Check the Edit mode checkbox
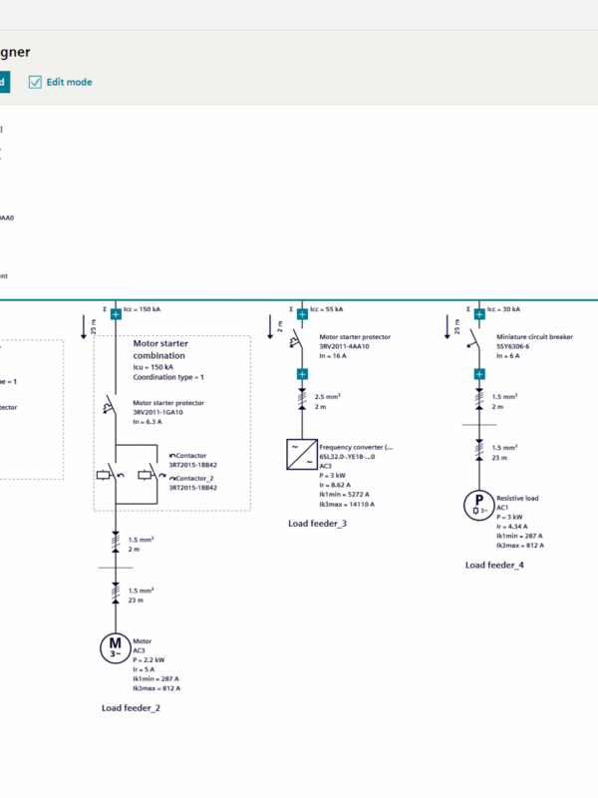pos(36,82)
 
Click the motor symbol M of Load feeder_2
pos(115,647)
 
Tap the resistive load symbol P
pos(479,504)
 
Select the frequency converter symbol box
pos(302,455)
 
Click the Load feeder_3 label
pos(317,523)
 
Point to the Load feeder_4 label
pos(494,565)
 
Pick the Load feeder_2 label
pos(131,707)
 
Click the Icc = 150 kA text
pos(143,309)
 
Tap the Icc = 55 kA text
pos(328,309)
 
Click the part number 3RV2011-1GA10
pos(165,411)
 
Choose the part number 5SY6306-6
pos(515,346)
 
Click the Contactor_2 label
pos(193,479)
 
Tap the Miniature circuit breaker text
pos(534,337)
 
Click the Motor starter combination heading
pos(159,349)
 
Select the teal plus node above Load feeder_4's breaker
pos(479,313)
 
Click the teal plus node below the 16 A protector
pos(302,375)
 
